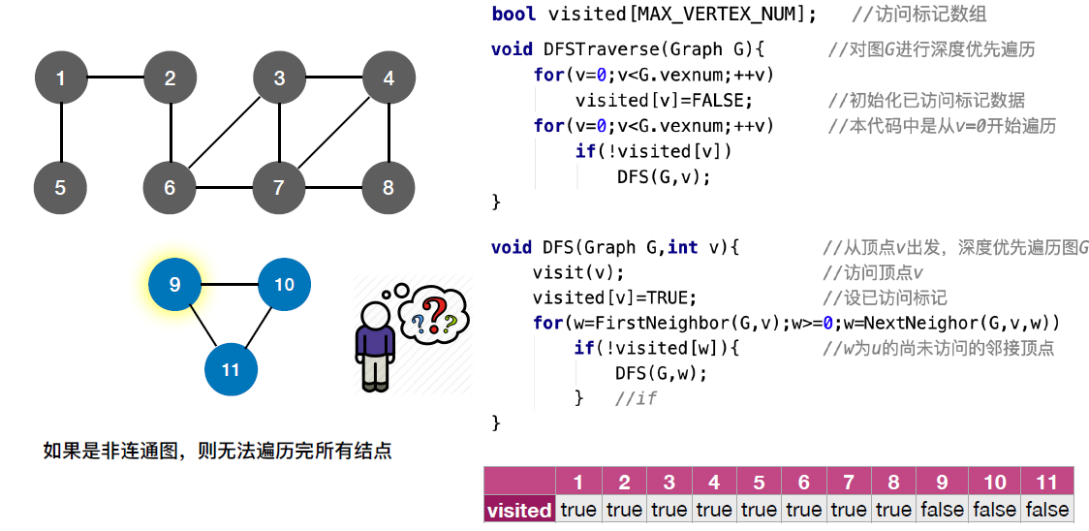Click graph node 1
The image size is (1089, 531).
point(60,78)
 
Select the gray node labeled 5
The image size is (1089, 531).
point(60,187)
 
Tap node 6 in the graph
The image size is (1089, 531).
point(170,187)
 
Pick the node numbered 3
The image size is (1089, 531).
point(279,78)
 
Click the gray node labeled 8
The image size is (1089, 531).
point(389,187)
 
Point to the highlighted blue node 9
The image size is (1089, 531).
point(174,284)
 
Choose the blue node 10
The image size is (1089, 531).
point(284,284)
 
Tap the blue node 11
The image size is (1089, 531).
point(230,369)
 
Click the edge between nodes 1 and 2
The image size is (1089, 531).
point(115,78)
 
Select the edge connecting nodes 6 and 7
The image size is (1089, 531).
point(225,187)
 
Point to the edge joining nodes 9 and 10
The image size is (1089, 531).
point(230,284)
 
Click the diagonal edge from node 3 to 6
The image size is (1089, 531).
point(225,133)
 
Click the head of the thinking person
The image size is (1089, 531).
point(375,315)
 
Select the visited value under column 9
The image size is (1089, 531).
point(942,510)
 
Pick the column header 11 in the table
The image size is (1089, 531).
point(1046,483)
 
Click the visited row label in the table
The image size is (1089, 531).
point(519,510)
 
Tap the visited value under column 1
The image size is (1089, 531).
point(578,510)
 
